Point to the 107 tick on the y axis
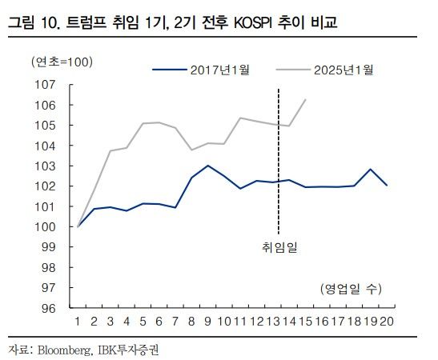[x=45, y=84]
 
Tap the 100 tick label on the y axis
[x=45, y=226]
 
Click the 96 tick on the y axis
[x=47, y=308]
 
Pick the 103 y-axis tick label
[x=45, y=166]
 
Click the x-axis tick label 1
[x=78, y=322]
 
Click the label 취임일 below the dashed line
[x=278, y=247]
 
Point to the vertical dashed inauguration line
[x=278, y=160]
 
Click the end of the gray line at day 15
[x=305, y=99]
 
